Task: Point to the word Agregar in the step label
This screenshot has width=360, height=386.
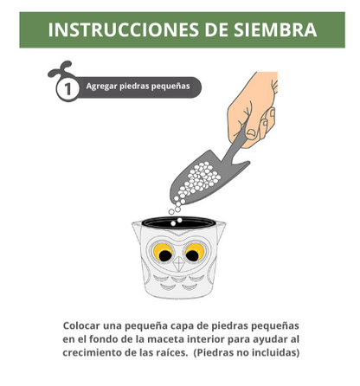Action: click(102, 87)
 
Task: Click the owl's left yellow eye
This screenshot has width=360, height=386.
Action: click(160, 253)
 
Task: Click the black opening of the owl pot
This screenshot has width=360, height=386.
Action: click(178, 223)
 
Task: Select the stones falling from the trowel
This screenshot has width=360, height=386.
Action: click(177, 206)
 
